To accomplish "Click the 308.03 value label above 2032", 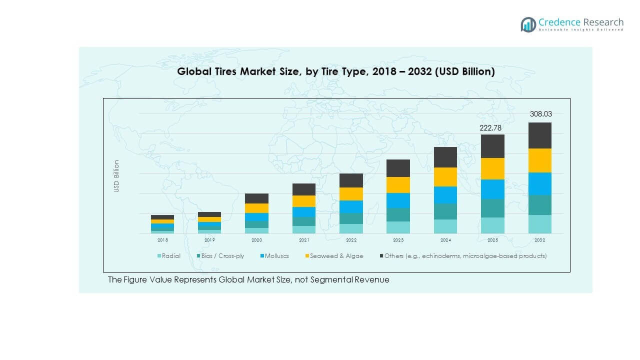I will pyautogui.click(x=540, y=114).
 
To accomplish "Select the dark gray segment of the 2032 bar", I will pyautogui.click(x=540, y=135).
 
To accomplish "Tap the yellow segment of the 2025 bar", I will pyautogui.click(x=492, y=168).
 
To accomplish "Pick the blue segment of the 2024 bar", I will pyautogui.click(x=445, y=195).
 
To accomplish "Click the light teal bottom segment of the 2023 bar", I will pyautogui.click(x=398, y=227).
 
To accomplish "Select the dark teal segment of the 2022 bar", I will pyautogui.click(x=351, y=218).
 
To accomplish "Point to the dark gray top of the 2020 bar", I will pyautogui.click(x=256, y=198).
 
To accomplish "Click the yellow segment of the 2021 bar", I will pyautogui.click(x=304, y=201).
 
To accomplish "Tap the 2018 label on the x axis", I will pyautogui.click(x=162, y=240).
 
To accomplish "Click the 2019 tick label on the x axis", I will pyautogui.click(x=209, y=240).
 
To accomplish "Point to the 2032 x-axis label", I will pyautogui.click(x=540, y=240).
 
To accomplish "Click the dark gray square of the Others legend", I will pyautogui.click(x=380, y=256).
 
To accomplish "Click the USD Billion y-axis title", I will pyautogui.click(x=116, y=176).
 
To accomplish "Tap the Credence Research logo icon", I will pyautogui.click(x=528, y=24).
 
